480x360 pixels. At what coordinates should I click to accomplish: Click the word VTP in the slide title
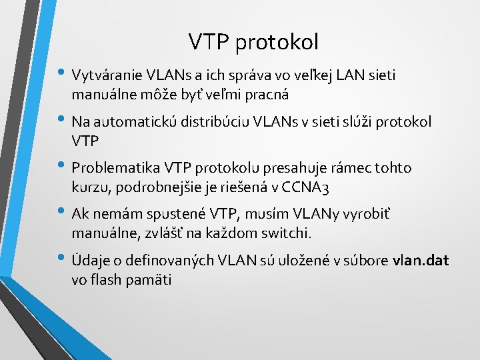pos(207,42)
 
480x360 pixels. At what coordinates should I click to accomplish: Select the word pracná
pos(267,94)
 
